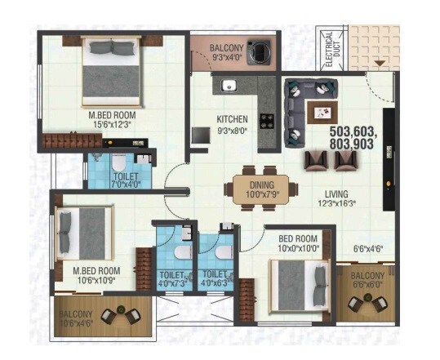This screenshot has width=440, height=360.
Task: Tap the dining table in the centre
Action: point(255,189)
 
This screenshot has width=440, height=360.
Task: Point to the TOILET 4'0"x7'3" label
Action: point(173,279)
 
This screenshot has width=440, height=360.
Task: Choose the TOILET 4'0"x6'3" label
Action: point(216,279)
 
